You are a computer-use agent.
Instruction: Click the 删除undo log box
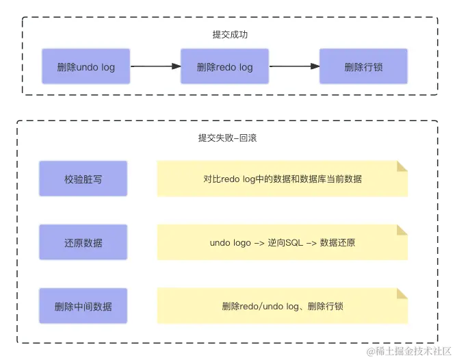tap(86, 66)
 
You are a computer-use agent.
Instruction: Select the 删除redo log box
tap(224, 66)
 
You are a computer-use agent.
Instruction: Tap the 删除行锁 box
tap(363, 66)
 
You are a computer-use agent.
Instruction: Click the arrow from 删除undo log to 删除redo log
tap(155, 66)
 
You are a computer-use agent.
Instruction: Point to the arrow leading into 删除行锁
tap(294, 66)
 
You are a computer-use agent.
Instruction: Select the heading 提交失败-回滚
tap(227, 138)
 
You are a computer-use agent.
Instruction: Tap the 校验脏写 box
tap(83, 179)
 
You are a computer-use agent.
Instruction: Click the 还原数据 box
tap(83, 242)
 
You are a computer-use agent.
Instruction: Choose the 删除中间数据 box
tap(83, 306)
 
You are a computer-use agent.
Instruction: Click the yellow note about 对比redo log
tap(282, 179)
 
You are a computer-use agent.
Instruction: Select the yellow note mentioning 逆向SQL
tap(282, 242)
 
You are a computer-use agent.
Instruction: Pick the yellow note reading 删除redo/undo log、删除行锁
tap(282, 306)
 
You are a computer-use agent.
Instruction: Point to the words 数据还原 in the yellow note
tap(337, 243)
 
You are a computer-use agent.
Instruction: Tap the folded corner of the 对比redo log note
tap(402, 166)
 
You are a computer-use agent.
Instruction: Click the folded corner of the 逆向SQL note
tap(402, 230)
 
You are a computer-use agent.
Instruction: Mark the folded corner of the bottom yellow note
tap(402, 294)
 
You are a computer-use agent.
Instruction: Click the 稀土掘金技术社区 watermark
tap(409, 351)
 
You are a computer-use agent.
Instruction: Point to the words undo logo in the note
tap(231, 243)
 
